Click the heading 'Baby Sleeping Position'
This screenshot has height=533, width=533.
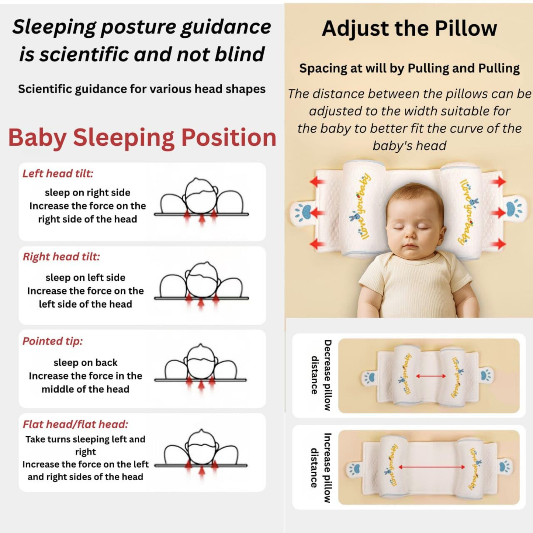pos(142,137)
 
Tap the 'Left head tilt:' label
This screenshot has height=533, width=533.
pos(58,173)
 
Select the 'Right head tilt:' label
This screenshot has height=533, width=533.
pos(61,257)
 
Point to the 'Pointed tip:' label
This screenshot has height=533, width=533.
pos(52,341)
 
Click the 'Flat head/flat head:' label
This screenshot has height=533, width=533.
pos(75,424)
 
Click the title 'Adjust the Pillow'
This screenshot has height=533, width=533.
pos(409,28)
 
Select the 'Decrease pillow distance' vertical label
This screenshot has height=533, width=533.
pos(321,375)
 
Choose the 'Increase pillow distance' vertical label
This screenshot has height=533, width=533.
pos(321,468)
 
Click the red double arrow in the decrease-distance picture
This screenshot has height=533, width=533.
pos(431,376)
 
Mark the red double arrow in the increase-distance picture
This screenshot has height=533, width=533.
pos(432,467)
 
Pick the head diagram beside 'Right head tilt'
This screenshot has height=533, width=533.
pos(201,283)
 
